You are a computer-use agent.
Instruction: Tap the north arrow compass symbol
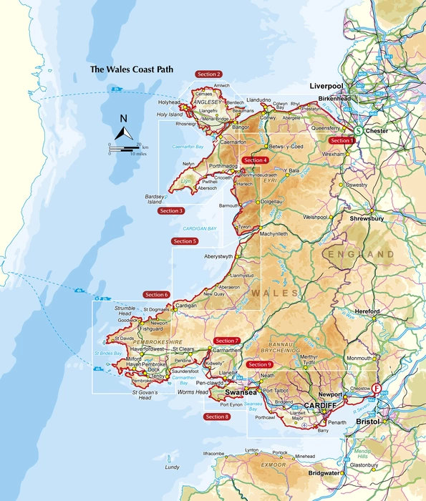123,130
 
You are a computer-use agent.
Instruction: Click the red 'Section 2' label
208,74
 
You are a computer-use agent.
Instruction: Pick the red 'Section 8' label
217,417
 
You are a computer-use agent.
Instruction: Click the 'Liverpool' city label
327,85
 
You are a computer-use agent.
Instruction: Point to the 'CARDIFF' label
319,406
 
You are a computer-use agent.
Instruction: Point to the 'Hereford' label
365,311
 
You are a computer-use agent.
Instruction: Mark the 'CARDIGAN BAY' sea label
197,228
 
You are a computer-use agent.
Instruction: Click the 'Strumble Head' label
125,311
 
